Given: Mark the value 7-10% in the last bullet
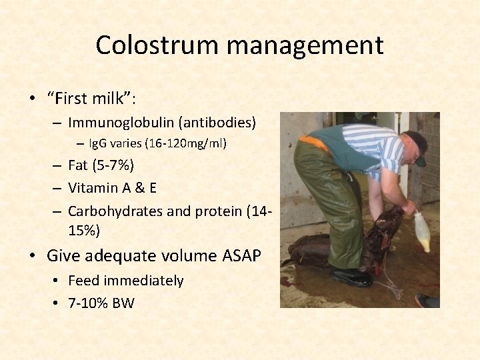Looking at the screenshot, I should pyautogui.click(x=89, y=303).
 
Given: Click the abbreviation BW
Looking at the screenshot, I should pyautogui.click(x=124, y=303).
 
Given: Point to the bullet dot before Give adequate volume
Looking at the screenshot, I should pyautogui.click(x=32, y=256).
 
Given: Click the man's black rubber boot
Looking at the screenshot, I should pyautogui.click(x=351, y=276).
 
